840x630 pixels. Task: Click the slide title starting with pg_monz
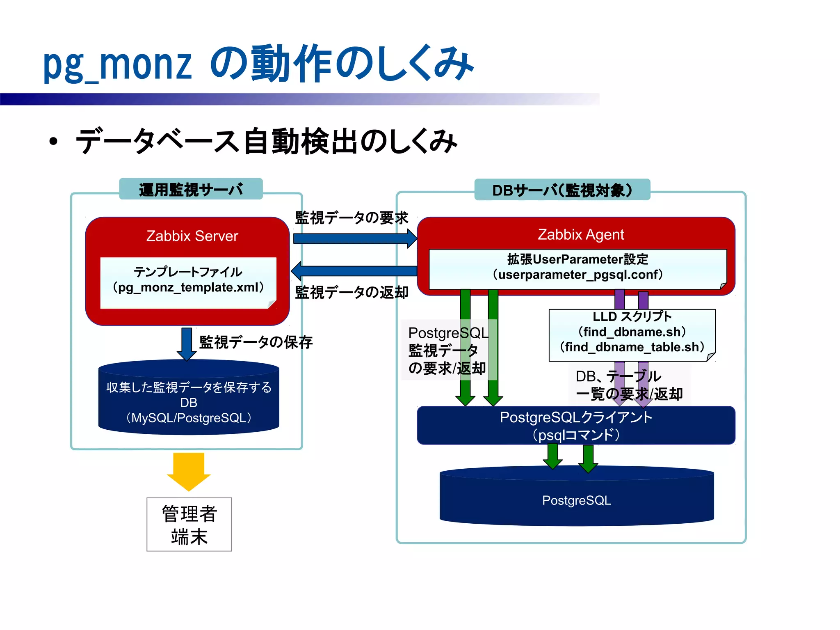click(x=258, y=64)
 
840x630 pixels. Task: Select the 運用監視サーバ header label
click(x=191, y=189)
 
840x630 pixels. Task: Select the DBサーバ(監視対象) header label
click(x=562, y=190)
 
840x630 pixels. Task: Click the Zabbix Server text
click(x=192, y=236)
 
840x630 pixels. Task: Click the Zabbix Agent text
click(x=581, y=234)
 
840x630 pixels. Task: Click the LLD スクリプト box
click(x=632, y=334)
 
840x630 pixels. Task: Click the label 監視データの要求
click(x=352, y=218)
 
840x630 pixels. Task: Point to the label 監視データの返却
click(x=352, y=292)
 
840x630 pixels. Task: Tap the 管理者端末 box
click(x=189, y=524)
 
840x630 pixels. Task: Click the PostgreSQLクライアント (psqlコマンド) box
click(x=576, y=426)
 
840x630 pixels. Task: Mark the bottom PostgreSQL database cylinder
click(x=576, y=500)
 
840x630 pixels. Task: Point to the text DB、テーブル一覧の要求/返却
click(x=629, y=385)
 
